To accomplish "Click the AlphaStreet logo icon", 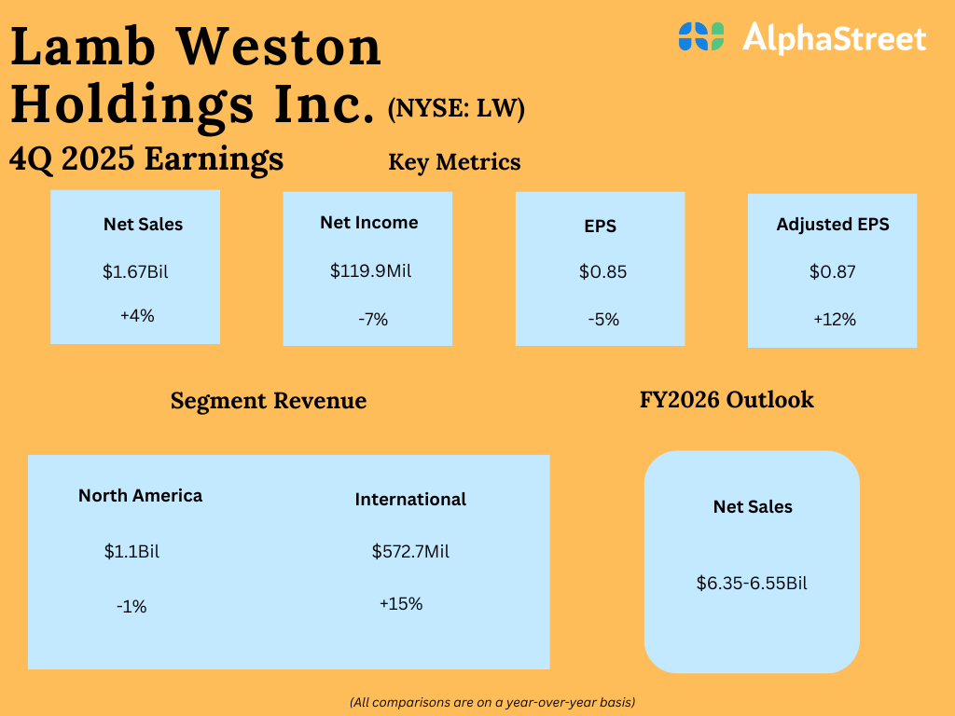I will click(701, 36).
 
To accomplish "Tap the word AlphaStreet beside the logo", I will click(835, 38).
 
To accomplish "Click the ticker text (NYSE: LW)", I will click(456, 110).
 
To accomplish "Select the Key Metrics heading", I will click(454, 162).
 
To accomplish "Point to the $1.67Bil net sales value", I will click(135, 272).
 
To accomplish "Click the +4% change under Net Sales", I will click(137, 315).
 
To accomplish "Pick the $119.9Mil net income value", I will click(370, 271).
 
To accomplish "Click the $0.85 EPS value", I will click(602, 272).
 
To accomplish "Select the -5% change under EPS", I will click(603, 319).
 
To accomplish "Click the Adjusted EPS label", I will click(833, 225).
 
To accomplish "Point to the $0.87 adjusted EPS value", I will click(833, 272).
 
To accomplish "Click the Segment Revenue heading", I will click(269, 401).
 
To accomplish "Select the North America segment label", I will click(140, 495).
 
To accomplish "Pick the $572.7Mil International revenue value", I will click(410, 551).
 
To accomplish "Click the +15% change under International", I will click(401, 603).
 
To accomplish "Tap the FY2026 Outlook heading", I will click(727, 400).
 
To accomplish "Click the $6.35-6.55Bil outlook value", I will click(752, 584).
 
